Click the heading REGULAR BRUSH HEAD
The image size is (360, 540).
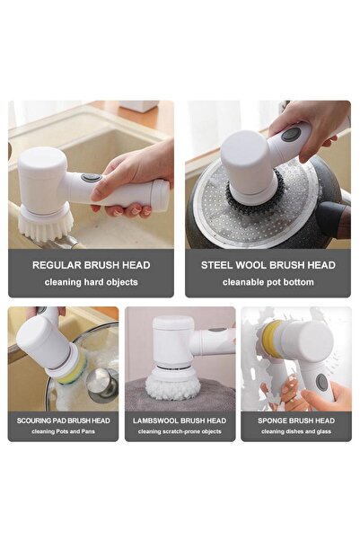click(x=91, y=265)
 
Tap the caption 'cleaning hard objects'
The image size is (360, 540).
click(x=91, y=282)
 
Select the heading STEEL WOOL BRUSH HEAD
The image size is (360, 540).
click(x=268, y=265)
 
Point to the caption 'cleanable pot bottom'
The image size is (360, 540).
click(x=268, y=282)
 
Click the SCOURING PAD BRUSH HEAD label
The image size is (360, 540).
click(x=63, y=420)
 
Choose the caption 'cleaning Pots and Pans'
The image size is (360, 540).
click(x=63, y=431)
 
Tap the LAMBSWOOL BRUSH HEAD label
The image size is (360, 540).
click(x=180, y=420)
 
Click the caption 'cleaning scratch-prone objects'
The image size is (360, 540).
click(x=180, y=431)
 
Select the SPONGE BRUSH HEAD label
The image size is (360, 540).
click(x=295, y=420)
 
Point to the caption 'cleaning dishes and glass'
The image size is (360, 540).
click(x=295, y=431)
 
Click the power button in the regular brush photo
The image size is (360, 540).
click(x=90, y=178)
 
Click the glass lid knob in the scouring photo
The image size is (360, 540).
click(x=101, y=376)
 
